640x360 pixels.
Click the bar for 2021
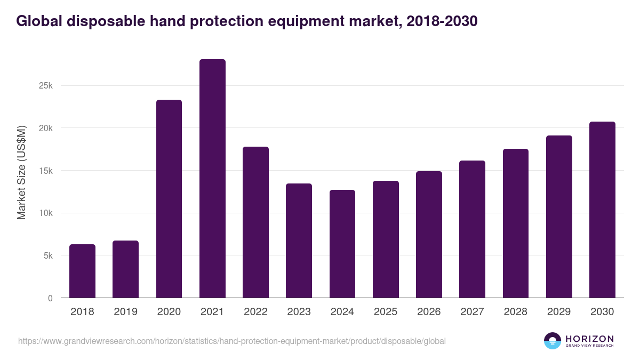click(x=212, y=179)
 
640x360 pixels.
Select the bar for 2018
click(x=82, y=271)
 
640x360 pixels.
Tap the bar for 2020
click(x=169, y=199)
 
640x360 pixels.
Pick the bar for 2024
click(x=342, y=244)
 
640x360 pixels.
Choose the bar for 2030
click(x=602, y=210)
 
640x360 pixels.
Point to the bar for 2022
click(x=255, y=222)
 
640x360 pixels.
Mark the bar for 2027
click(x=472, y=229)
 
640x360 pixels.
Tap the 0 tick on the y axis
click(x=50, y=298)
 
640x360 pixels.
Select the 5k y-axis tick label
click(x=47, y=256)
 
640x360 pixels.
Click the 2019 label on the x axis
click(x=125, y=312)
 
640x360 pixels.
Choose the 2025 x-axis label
click(x=386, y=312)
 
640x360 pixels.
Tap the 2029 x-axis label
click(x=559, y=312)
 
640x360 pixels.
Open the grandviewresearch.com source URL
click(x=232, y=341)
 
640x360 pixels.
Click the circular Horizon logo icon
click(x=553, y=341)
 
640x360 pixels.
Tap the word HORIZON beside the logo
click(x=589, y=338)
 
